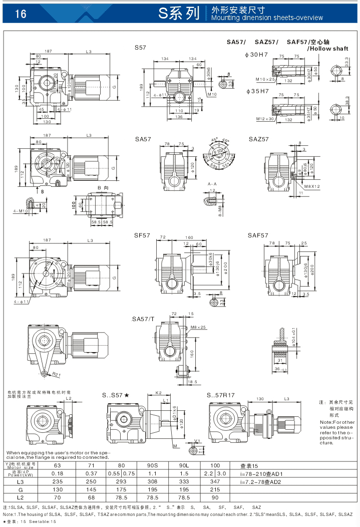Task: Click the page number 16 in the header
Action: (21, 14)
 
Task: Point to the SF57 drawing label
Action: (142, 235)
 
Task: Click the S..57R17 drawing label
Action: (221, 395)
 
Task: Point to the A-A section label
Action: (212, 184)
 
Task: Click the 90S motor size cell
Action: (152, 465)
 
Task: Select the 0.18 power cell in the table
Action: (57, 473)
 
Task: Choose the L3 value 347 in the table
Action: (215, 481)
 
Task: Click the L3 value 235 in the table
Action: (57, 481)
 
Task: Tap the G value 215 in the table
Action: (215, 489)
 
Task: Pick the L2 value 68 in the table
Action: (91, 497)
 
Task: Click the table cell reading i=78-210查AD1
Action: (261, 473)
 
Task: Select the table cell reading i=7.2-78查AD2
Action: (261, 481)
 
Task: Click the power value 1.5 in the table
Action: (184, 473)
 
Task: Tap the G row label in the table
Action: (21, 489)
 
